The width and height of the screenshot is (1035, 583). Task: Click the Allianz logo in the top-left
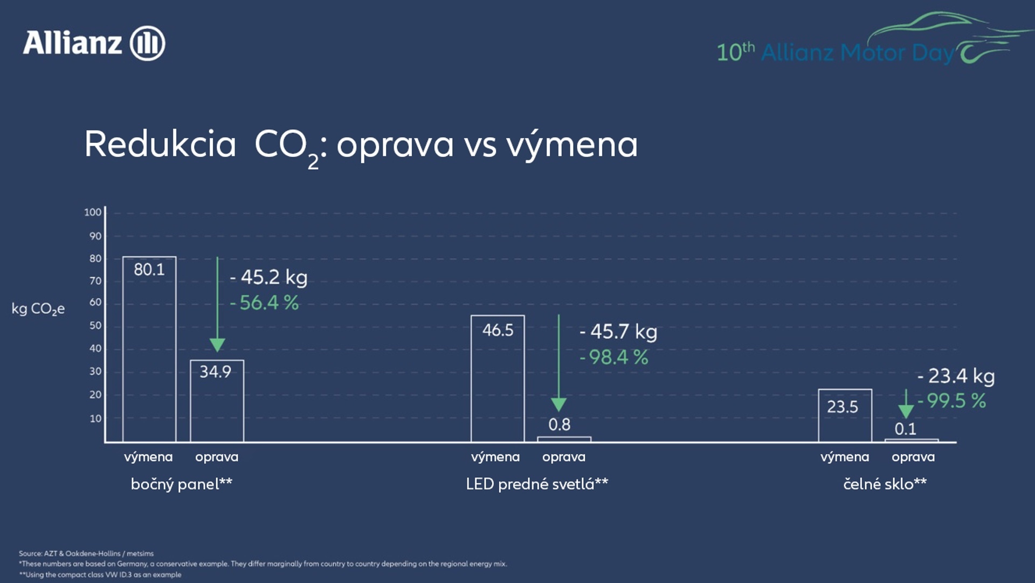click(93, 43)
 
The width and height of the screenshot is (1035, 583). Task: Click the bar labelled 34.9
click(217, 401)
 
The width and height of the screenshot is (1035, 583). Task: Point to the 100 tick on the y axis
click(93, 212)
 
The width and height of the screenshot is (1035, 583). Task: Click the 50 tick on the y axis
click(95, 326)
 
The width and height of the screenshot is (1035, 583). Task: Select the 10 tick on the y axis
click(95, 419)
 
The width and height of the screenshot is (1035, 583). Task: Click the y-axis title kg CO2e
click(38, 309)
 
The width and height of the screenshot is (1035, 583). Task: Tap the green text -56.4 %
click(265, 303)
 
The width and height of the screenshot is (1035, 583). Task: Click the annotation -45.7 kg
click(619, 332)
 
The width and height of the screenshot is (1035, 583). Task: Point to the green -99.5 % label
click(952, 401)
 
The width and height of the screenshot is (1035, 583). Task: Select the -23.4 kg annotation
click(956, 376)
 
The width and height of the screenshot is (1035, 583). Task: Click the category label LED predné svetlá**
click(537, 484)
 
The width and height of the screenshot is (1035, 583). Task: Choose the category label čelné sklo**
click(885, 484)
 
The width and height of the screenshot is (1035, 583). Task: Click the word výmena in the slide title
click(571, 145)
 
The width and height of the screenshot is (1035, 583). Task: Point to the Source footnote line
click(86, 553)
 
